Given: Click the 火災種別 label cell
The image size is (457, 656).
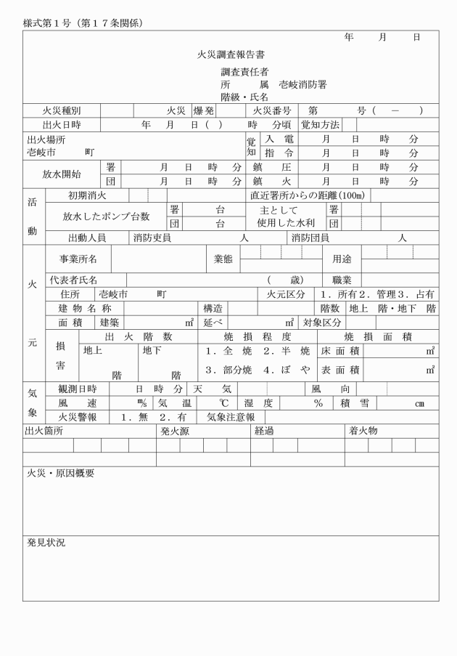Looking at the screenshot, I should point(61,110).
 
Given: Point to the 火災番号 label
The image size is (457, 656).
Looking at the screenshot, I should point(272,110).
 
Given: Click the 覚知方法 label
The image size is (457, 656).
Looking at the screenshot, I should point(320,124).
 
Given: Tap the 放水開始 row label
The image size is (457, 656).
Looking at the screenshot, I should point(62,174).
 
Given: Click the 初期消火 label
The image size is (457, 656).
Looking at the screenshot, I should point(87,195).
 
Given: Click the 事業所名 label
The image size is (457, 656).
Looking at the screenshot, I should point(78,259).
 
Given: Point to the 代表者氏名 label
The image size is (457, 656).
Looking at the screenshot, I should point(73,280).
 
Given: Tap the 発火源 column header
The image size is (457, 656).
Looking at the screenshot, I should point(174,431).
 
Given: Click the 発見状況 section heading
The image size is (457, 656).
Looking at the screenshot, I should point(46,543).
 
